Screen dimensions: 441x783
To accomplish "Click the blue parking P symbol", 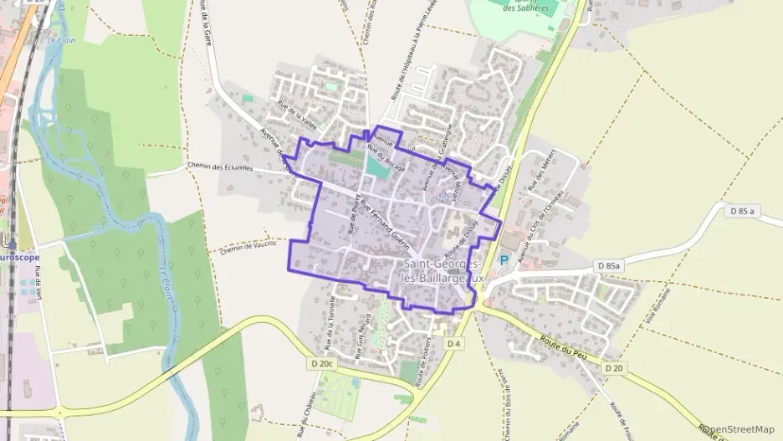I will coord(504,260).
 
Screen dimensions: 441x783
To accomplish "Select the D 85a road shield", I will coord(609,265).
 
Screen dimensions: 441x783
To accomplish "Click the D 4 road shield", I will coord(454,343).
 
